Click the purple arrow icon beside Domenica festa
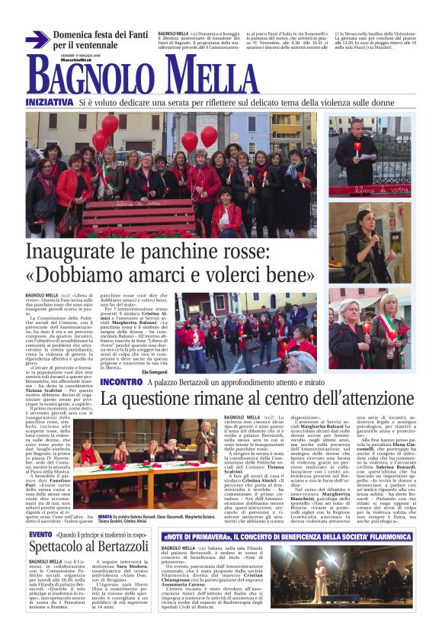[37, 40]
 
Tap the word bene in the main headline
[283, 274]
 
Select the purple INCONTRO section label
[120, 381]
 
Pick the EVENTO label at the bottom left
[40, 535]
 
